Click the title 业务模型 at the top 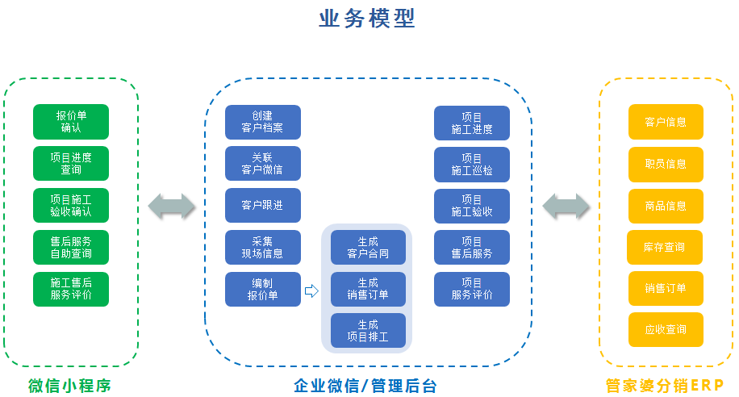point(367,19)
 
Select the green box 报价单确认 point(71,122)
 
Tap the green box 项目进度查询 point(71,164)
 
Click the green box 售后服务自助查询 point(71,248)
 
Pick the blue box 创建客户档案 point(262,122)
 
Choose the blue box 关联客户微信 point(262,164)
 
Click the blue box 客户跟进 point(262,206)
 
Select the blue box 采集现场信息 point(262,248)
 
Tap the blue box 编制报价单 point(262,290)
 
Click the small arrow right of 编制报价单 point(311,290)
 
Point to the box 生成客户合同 point(368,247)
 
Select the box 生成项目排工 point(368,331)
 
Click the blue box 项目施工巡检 point(472,164)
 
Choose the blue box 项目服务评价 point(472,290)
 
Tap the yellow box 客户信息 point(666,122)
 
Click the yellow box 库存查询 point(665,247)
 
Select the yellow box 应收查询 point(666,330)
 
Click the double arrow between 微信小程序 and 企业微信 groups point(172,206)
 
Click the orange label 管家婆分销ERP point(665,386)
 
